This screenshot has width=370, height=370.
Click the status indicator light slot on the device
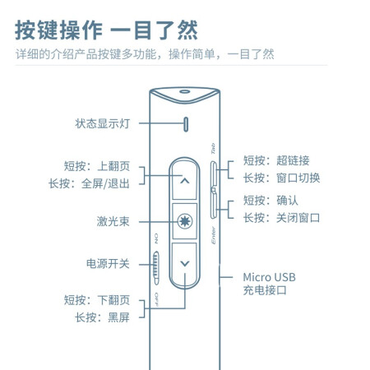186,124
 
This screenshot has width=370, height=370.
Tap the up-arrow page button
184,179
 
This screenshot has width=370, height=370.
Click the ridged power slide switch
155,267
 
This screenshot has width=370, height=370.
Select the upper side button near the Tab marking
214,174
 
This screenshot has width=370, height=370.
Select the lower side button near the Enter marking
214,205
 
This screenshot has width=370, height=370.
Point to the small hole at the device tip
185,91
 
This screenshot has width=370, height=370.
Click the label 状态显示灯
103,123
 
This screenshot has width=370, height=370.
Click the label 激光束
113,221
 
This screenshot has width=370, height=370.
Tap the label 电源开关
108,264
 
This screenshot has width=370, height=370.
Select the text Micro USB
269,277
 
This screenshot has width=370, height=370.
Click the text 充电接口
265,290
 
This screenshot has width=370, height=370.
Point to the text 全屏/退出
105,183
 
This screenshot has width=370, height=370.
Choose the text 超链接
293,160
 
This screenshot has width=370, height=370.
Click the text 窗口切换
298,178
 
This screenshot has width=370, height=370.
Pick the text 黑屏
118,317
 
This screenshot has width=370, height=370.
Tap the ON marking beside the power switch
155,238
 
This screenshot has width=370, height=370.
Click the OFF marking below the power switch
156,299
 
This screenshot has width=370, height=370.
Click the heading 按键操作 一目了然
106,30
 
